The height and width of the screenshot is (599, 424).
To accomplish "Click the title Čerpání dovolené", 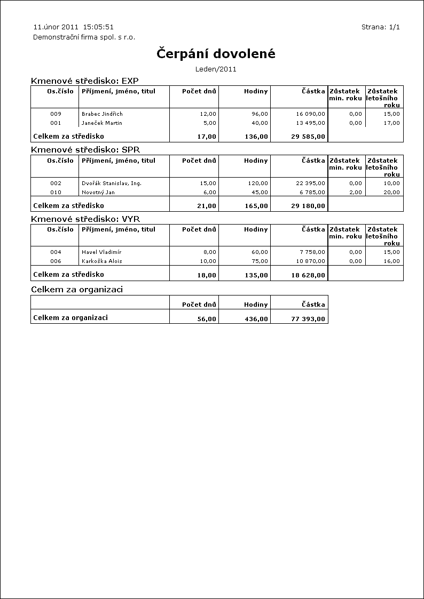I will click(x=216, y=54).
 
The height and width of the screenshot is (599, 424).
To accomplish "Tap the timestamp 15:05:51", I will click(x=98, y=27).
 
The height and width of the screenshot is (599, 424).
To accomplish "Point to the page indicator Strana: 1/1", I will click(x=381, y=27).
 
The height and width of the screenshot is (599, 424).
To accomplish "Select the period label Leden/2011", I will click(x=216, y=69).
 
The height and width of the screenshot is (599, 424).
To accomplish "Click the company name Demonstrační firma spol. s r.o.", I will click(x=84, y=37).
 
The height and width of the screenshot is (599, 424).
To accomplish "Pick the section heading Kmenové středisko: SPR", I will click(x=85, y=150).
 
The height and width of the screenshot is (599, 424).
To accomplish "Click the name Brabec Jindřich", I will click(x=102, y=114).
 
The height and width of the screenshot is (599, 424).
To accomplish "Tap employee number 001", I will click(x=56, y=123).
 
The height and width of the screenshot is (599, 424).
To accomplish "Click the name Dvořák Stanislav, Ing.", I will click(x=112, y=183).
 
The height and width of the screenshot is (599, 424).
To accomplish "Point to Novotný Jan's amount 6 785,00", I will click(x=312, y=193).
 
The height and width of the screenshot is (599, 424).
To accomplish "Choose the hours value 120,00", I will click(x=258, y=183).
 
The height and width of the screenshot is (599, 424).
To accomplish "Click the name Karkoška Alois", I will click(x=101, y=261).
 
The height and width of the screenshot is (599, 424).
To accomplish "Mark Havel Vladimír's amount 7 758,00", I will click(x=312, y=252).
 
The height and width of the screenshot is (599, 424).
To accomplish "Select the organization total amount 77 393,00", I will click(x=309, y=318).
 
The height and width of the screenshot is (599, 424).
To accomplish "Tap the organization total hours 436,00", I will click(x=256, y=318).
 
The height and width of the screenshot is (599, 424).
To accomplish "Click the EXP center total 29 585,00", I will click(x=309, y=137).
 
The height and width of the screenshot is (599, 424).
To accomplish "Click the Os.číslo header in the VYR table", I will click(x=60, y=229).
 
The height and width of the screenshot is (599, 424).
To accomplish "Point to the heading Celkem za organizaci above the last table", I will click(x=77, y=290).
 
